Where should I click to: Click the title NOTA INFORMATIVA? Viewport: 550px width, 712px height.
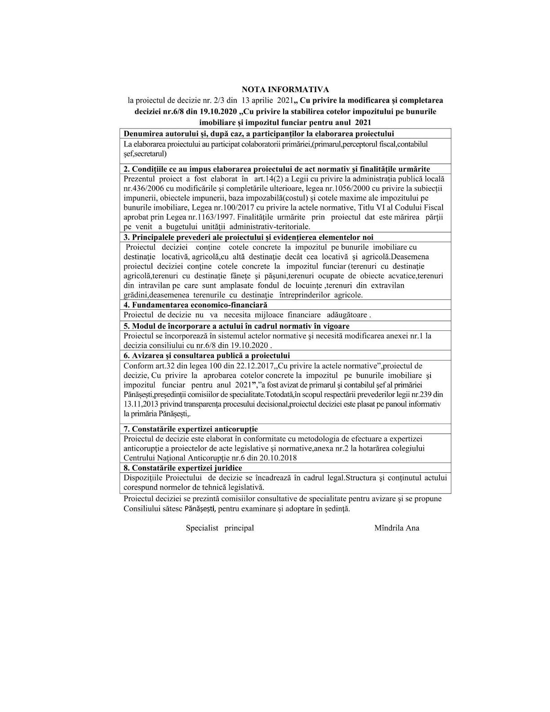tap(285, 90)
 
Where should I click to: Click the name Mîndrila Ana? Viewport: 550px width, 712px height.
tap(397, 528)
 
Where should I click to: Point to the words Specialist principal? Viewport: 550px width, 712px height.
tap(220, 528)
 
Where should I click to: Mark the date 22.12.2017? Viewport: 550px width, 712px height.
tap(224, 366)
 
